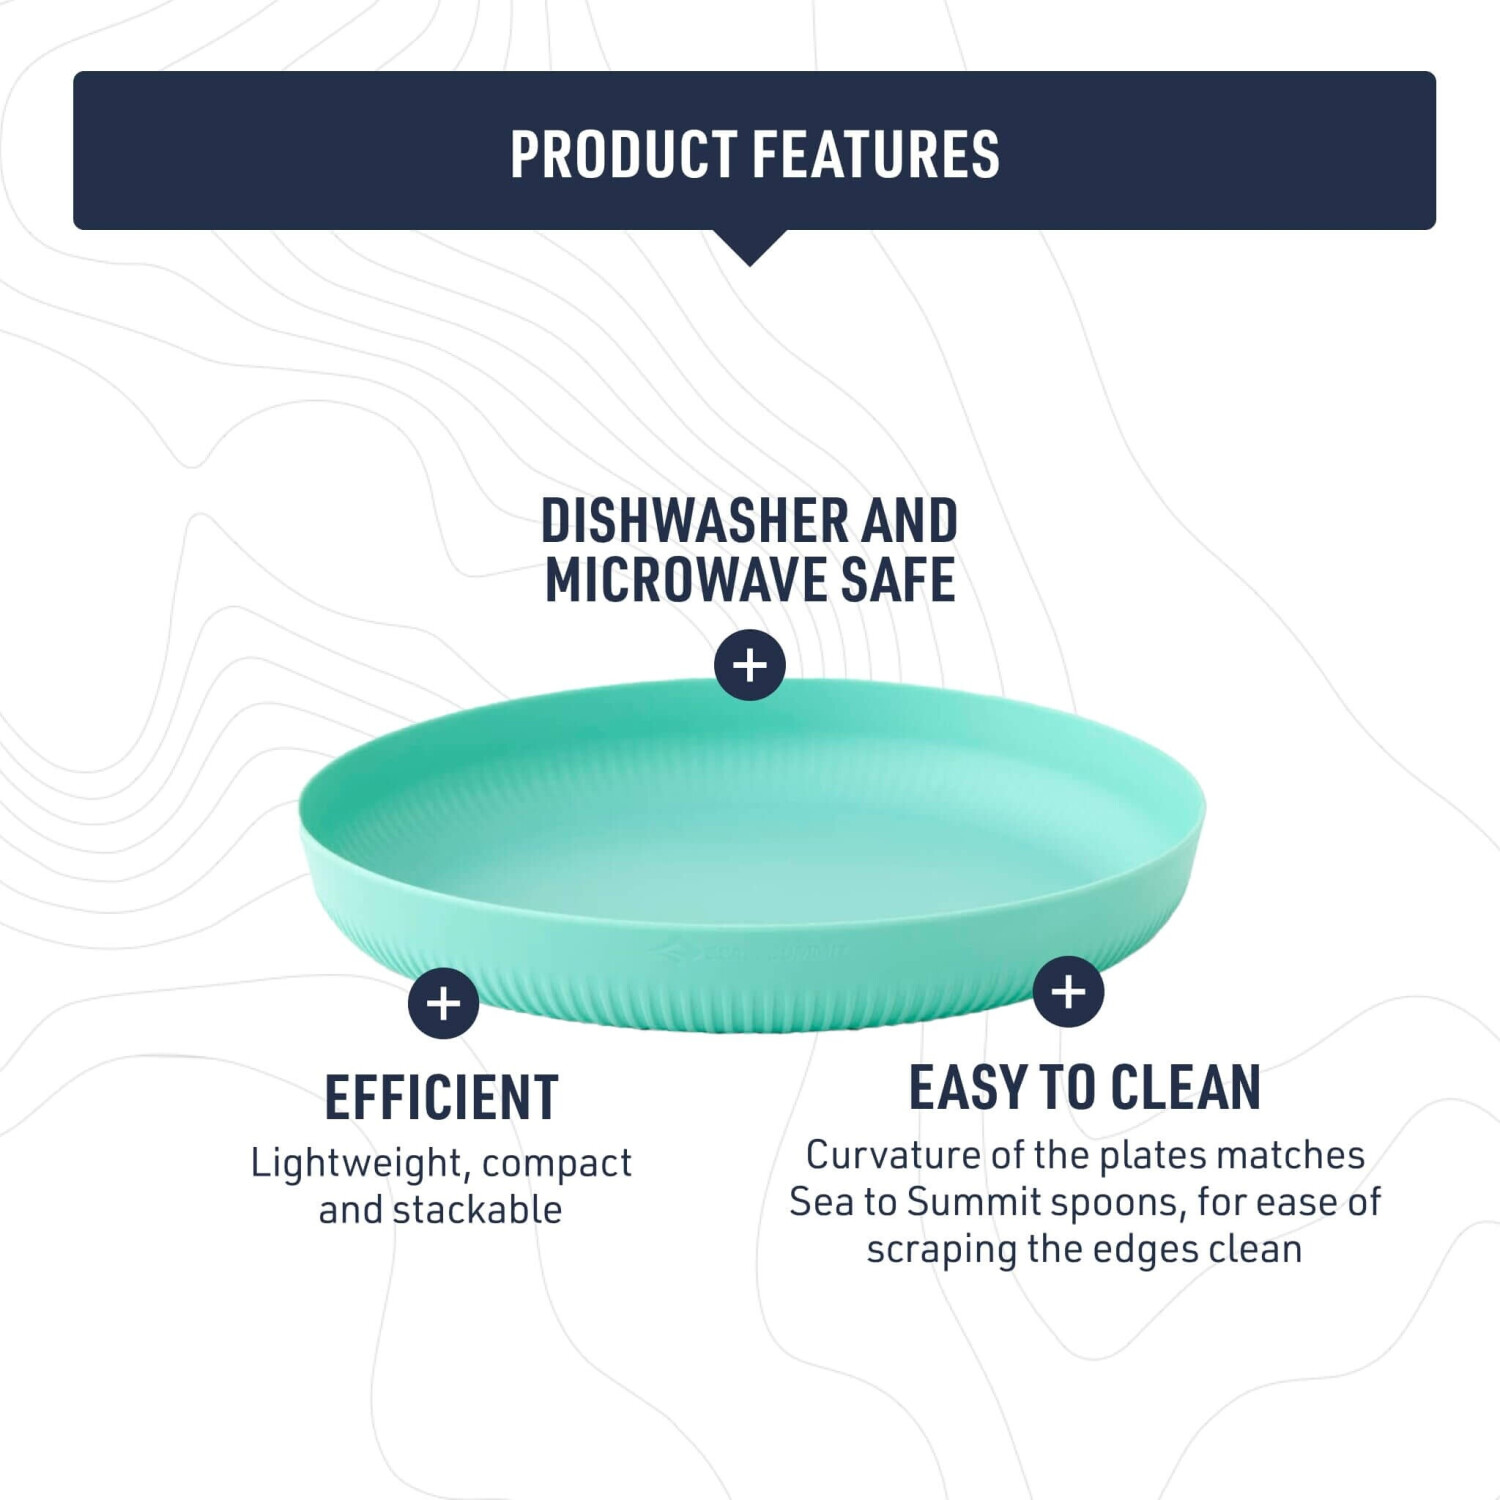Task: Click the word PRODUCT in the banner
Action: (624, 154)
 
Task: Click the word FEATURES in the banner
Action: (876, 154)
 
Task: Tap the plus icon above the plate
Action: (750, 665)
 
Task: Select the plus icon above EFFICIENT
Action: (444, 1003)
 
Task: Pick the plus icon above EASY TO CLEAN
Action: (1069, 992)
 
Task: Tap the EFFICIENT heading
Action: (442, 1098)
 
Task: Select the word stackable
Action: (478, 1210)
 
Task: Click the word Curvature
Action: (893, 1155)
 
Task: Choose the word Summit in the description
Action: (974, 1202)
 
